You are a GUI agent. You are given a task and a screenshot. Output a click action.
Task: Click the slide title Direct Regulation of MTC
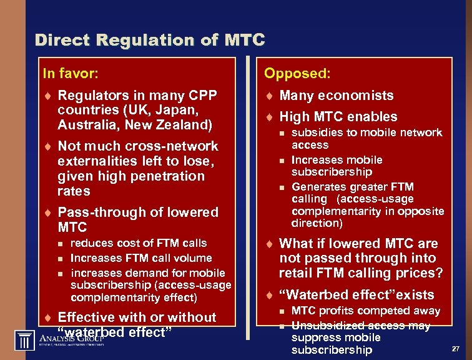150,41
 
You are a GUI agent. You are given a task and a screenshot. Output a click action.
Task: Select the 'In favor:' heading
70,74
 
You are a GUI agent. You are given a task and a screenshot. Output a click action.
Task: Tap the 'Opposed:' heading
297,74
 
